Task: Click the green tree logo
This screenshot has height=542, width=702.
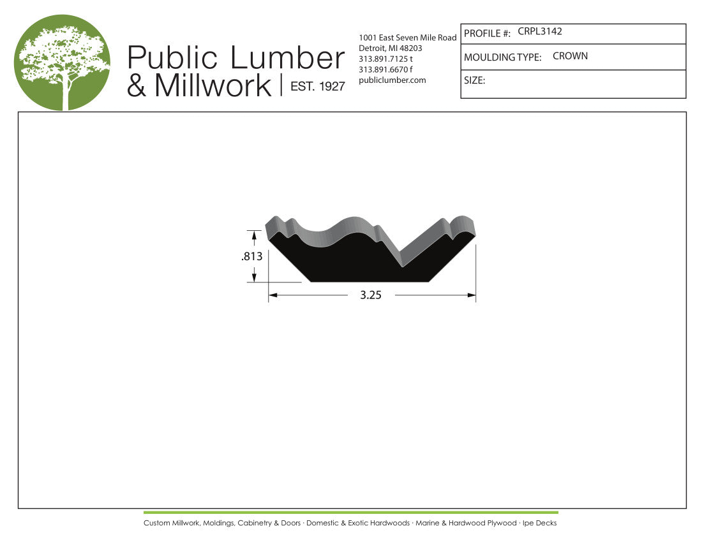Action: click(x=63, y=62)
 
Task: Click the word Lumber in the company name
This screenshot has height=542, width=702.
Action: click(x=287, y=57)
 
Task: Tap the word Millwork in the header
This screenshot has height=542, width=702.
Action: click(x=213, y=85)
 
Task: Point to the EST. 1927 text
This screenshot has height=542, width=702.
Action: click(x=318, y=86)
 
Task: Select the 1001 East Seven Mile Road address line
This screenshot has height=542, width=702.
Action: click(x=407, y=38)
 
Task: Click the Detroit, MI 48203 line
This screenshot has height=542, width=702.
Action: click(x=391, y=48)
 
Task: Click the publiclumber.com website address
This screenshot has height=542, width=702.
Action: click(x=392, y=80)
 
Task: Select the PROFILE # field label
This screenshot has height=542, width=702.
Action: click(x=487, y=34)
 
